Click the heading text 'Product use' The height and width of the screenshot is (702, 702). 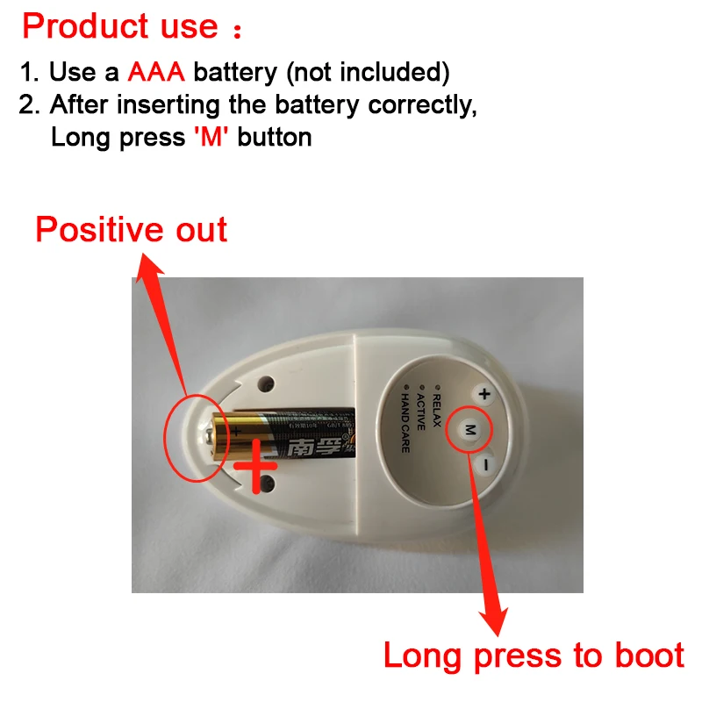[x=120, y=26]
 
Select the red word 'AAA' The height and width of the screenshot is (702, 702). [x=156, y=71]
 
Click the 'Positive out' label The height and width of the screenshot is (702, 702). [x=132, y=230]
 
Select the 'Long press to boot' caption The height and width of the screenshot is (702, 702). [x=534, y=655]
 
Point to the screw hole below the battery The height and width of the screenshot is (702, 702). [x=268, y=482]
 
